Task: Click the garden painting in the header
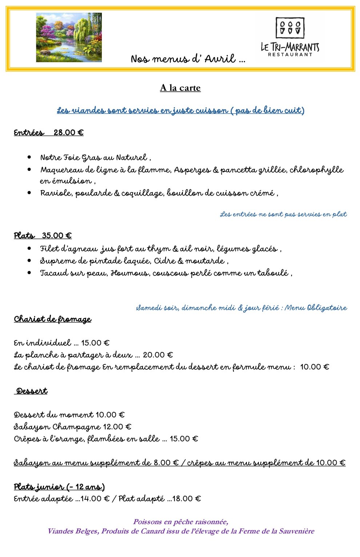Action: (x=69, y=37)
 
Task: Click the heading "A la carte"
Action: (x=180, y=88)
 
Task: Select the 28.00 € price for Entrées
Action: (x=68, y=133)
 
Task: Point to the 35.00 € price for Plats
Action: (x=57, y=236)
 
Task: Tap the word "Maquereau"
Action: (x=59, y=170)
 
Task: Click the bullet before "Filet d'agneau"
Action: (x=29, y=249)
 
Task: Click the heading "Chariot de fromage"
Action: (x=52, y=319)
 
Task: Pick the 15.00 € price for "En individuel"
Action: (x=95, y=343)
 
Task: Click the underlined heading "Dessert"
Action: (x=32, y=391)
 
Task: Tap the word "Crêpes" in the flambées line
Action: (x=27, y=439)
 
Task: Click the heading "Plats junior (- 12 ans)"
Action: (x=59, y=487)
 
